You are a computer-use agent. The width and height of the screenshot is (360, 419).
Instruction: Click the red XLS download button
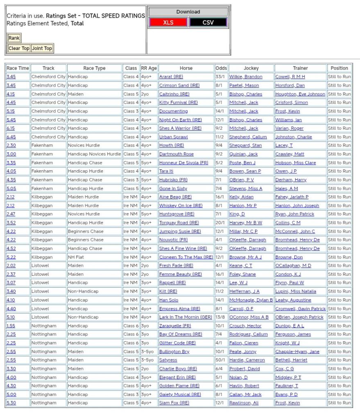168,23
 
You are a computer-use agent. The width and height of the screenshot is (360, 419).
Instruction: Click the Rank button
14,38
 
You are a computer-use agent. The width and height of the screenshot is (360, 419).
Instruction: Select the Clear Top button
19,48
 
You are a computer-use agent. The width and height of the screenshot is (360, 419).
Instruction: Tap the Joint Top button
42,48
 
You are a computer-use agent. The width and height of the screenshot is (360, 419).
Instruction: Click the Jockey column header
251,68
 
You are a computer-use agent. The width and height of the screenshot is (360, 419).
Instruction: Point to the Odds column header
221,68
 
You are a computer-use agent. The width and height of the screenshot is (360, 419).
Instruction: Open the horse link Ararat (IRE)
171,77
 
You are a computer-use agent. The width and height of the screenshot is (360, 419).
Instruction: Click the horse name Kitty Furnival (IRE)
178,103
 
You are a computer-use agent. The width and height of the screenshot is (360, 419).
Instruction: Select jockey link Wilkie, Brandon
246,77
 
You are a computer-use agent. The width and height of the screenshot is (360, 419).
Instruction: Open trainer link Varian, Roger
289,128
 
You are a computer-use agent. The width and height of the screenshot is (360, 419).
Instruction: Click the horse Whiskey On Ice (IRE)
181,206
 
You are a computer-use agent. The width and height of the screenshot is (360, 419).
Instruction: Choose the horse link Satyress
168,360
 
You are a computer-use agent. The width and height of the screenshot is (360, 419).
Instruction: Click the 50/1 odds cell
220,360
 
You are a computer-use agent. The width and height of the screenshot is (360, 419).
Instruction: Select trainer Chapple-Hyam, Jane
297,351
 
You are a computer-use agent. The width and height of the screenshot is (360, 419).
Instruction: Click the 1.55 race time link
11,326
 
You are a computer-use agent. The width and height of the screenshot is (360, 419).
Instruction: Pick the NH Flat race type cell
77,257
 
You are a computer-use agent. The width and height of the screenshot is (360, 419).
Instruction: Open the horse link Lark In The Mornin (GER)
186,317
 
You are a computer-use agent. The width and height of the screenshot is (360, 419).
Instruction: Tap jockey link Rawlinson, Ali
244,403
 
